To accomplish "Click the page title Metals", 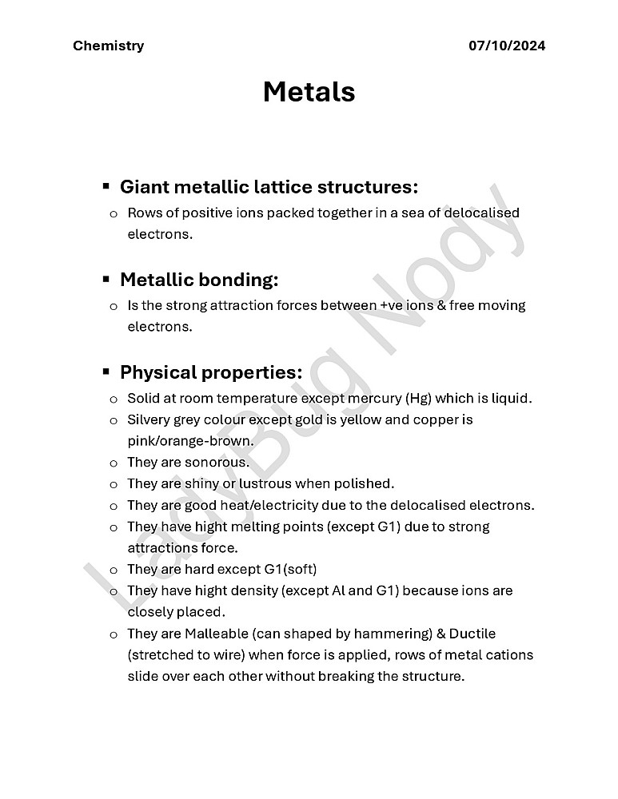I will [309, 92].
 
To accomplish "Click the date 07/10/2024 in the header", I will [507, 46].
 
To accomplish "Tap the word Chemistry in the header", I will [109, 46].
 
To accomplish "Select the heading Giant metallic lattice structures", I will [269, 187].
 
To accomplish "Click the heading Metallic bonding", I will [199, 280].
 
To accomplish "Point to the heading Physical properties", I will [211, 372].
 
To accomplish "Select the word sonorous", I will [217, 462].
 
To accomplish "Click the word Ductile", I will [472, 634].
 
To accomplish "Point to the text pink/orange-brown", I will [190, 440].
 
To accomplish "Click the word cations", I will [508, 655].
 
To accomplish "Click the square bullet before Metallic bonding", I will [106, 280].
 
